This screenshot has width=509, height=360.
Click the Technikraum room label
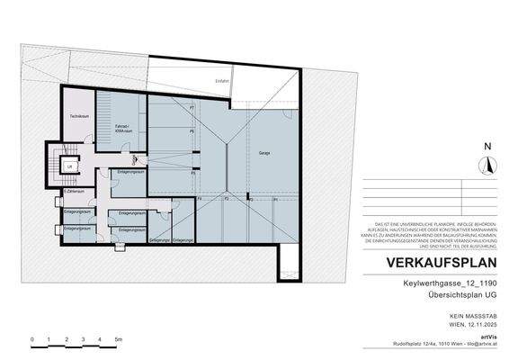(x=78, y=117)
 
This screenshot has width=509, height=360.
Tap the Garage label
(x=265, y=152)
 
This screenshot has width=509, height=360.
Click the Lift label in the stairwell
(x=69, y=166)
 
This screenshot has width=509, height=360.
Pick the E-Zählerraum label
(x=73, y=192)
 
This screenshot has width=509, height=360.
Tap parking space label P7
(x=192, y=109)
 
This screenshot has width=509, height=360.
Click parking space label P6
(x=192, y=131)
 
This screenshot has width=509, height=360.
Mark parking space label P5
(x=192, y=154)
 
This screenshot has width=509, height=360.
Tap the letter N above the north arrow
(x=488, y=147)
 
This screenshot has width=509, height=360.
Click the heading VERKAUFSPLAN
(x=441, y=264)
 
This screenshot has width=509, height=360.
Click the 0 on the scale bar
(x=32, y=339)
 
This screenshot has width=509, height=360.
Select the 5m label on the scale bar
(x=118, y=339)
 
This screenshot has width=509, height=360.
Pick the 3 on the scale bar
(x=84, y=339)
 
